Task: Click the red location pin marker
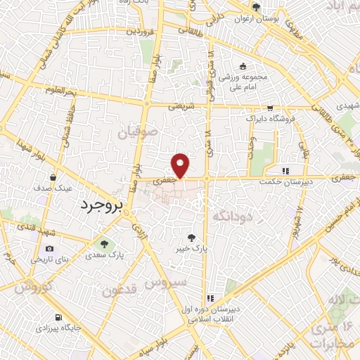[x=181, y=165]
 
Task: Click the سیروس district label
[x=167, y=283]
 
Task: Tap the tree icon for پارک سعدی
[x=103, y=244]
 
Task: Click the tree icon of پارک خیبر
[x=193, y=238]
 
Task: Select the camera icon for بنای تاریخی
[x=49, y=248]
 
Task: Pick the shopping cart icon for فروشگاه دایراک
[x=270, y=108]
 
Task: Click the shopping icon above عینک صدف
[x=53, y=177]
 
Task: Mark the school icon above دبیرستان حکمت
[x=285, y=169]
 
